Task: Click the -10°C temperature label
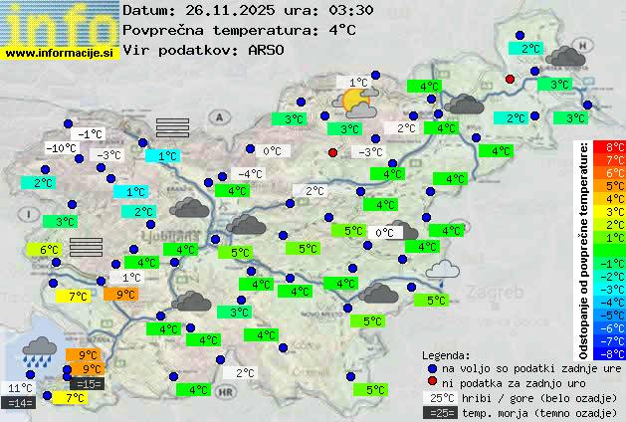pos(62,148)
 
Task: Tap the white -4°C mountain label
pos(249,174)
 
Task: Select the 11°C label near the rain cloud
pos(20,388)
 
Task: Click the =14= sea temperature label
pos(20,403)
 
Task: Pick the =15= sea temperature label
pos(87,383)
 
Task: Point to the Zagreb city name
pos(498,294)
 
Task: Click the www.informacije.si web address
pos(60,52)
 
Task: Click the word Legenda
pos(447,354)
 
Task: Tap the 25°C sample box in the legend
pos(439,398)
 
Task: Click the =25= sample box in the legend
pos(439,412)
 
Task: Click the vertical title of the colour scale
pos(584,249)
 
